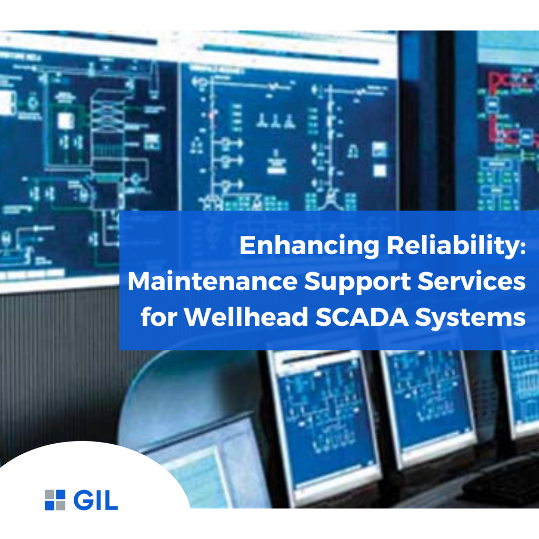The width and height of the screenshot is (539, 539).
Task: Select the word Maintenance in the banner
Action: pos(212,282)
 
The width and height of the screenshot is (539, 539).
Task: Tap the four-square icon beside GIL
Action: pos(55,500)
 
